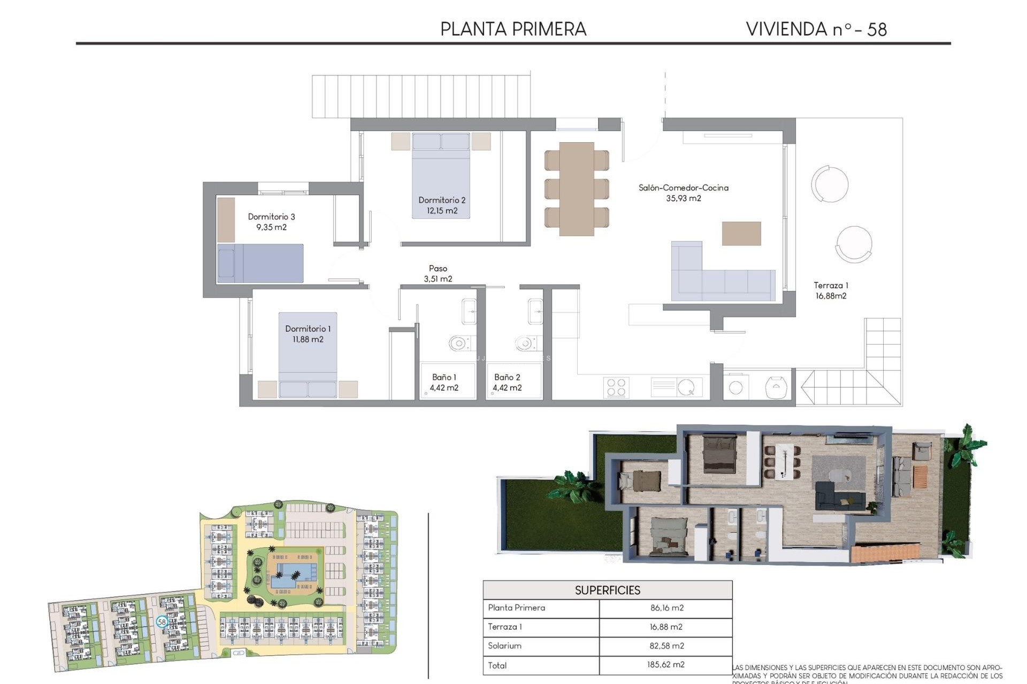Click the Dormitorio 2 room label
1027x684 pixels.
point(442,200)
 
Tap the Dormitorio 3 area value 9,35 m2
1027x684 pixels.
point(271,227)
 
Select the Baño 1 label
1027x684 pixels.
point(444,377)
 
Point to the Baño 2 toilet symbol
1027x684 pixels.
point(525,343)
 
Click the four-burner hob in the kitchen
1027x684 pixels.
point(616,387)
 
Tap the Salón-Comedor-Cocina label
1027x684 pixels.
point(683,188)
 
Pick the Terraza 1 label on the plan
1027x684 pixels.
point(831,285)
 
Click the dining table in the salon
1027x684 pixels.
point(577,189)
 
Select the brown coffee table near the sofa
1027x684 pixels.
point(741,234)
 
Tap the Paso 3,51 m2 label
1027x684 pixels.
point(438,274)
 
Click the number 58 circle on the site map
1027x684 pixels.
point(162,621)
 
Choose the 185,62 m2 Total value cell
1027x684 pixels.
point(665,665)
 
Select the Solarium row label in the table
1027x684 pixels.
point(504,646)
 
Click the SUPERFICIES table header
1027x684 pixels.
point(607,590)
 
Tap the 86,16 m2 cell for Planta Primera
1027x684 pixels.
point(666,608)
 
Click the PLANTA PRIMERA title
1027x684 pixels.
point(513,29)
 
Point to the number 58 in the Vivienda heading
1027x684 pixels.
point(877,29)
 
